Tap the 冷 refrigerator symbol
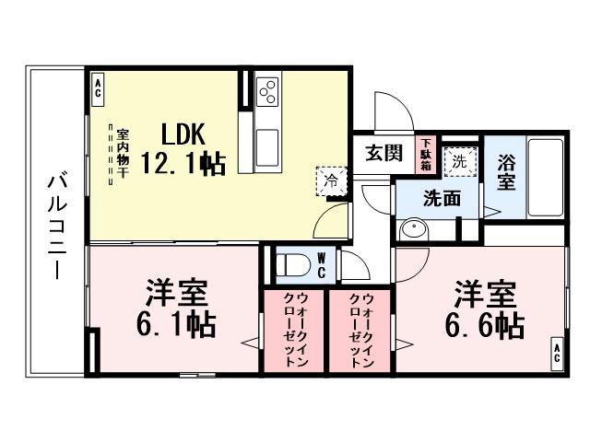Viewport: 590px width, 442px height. pyautogui.click(x=331, y=180)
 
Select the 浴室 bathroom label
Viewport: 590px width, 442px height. pyautogui.click(x=506, y=171)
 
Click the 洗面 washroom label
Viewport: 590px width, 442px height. pyautogui.click(x=437, y=198)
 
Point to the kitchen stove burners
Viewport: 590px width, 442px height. pyautogui.click(x=268, y=90)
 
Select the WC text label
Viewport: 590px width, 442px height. pyautogui.click(x=319, y=265)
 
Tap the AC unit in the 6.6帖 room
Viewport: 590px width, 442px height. pyautogui.click(x=557, y=353)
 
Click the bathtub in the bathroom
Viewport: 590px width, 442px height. pyautogui.click(x=546, y=177)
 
